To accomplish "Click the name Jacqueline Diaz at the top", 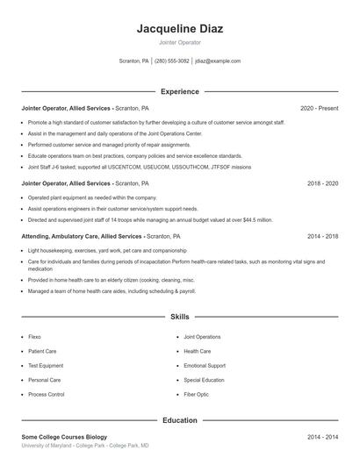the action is point(179,29).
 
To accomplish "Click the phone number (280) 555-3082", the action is point(171,61).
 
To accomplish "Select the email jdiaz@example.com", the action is point(218,61).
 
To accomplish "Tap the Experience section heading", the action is point(179,91).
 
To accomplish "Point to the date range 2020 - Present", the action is point(319,108).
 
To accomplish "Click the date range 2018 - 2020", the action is point(322,183).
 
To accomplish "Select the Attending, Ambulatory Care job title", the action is point(81,236).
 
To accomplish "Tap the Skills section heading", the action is point(179,316).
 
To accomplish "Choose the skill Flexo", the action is point(34,337).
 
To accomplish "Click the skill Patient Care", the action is point(42,351).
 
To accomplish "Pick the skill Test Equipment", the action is point(46,366).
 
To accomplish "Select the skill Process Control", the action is point(46,395).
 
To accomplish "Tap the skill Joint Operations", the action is point(202,337).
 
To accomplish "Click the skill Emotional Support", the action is point(205,366).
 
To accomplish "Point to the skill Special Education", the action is point(205,380).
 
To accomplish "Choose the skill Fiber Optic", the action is point(197,395).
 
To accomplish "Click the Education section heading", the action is point(179,420).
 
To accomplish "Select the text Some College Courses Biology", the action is point(63,437).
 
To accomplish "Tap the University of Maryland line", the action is point(84,446).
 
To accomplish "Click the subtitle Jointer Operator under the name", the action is point(179,42).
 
